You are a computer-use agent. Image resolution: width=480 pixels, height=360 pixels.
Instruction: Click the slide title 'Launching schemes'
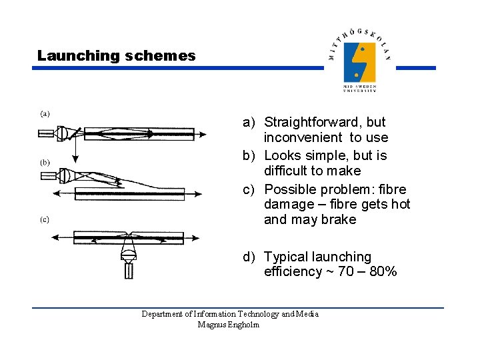coord(116,56)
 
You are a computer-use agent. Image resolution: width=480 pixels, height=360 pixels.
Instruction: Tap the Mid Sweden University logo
coord(359,63)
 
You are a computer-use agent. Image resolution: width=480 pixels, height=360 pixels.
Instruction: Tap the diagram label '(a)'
coord(44,113)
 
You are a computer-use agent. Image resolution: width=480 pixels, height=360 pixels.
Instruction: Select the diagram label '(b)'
coord(44,162)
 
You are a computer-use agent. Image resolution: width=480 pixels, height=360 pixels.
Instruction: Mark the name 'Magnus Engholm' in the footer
coord(229,325)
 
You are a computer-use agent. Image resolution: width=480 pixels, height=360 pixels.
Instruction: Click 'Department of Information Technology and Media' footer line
coord(230,314)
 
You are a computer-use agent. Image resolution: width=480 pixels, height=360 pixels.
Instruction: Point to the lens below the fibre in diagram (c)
coord(128,253)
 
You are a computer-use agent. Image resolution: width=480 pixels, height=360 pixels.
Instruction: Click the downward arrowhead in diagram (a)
coord(75,159)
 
